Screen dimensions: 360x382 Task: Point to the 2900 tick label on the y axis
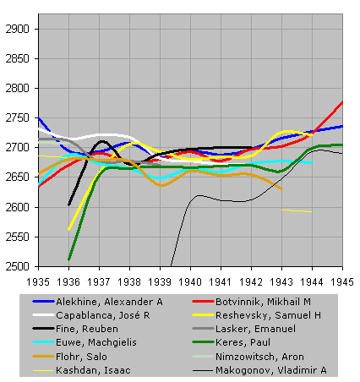[17, 29]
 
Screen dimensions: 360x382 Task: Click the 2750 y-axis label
[17, 117]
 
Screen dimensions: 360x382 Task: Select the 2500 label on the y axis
[17, 266]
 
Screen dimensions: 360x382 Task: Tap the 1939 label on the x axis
[160, 281]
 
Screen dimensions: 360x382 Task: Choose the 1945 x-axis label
[342, 281]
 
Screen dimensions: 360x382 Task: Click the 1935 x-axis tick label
[38, 281]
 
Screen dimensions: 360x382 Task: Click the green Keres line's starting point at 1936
[68, 259]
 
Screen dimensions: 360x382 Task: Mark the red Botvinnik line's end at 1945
[342, 101]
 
